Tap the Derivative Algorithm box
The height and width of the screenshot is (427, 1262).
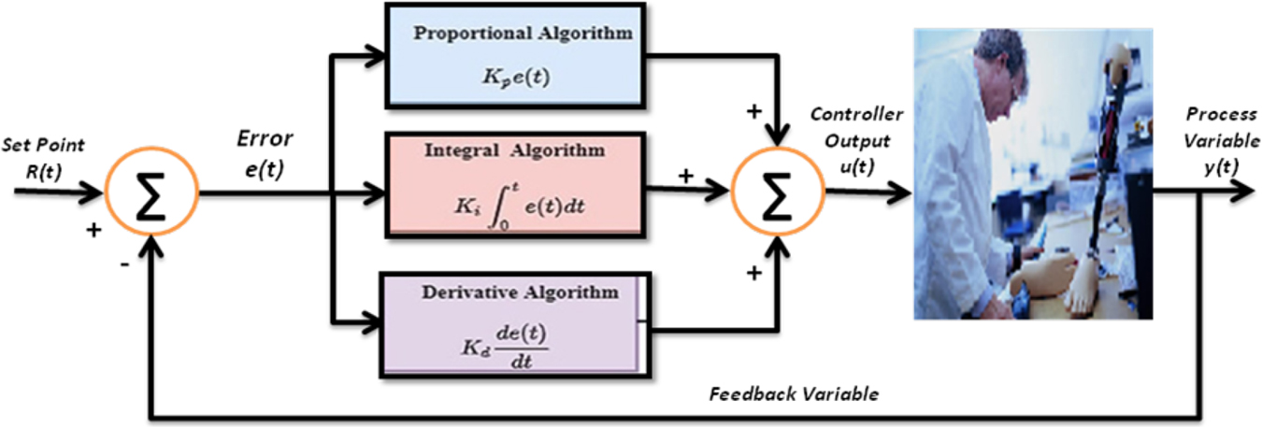[x=509, y=319]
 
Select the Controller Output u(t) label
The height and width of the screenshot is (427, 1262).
[x=856, y=139]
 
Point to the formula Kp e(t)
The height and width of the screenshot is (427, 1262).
[x=516, y=77]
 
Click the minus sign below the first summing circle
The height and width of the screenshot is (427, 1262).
[x=124, y=264]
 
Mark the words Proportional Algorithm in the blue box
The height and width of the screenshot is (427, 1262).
[x=523, y=34]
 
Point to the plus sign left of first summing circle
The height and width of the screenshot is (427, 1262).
[x=93, y=229]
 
